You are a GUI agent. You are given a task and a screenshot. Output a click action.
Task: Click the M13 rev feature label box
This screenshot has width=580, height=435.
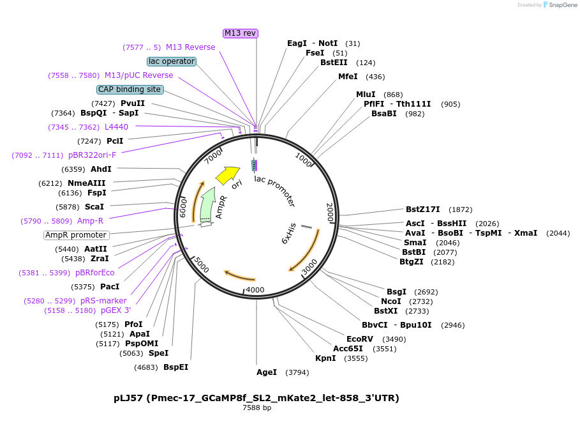[x=241, y=33]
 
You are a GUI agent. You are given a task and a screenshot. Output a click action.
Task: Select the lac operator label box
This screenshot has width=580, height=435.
[x=171, y=61]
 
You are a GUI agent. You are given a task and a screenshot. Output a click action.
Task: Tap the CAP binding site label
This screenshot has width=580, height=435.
[x=130, y=89]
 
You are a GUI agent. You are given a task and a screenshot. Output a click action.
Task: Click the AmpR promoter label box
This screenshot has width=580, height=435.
[x=76, y=235]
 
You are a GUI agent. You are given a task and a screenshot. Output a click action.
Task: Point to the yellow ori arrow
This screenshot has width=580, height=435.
[x=227, y=174]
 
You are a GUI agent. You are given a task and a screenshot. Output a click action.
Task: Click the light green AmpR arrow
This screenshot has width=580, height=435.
[x=207, y=204]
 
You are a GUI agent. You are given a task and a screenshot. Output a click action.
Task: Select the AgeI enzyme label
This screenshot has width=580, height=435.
[x=267, y=372]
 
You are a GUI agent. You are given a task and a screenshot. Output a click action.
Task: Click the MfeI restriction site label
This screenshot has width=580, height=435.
[x=348, y=77]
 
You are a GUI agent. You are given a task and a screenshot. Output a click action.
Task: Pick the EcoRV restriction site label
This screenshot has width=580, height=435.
[x=360, y=339]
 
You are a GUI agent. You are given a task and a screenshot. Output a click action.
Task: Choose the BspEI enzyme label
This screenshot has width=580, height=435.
[x=175, y=367]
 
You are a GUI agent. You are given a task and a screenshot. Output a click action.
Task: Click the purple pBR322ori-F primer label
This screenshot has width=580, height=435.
[x=92, y=155]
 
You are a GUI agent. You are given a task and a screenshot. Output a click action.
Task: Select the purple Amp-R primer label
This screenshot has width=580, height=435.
[x=90, y=221]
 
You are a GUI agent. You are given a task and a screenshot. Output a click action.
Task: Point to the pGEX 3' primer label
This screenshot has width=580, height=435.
[x=115, y=310]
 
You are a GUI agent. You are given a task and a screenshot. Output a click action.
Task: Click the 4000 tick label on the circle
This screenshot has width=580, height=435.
[x=255, y=289]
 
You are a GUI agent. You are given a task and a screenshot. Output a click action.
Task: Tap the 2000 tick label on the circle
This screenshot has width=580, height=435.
[x=330, y=213]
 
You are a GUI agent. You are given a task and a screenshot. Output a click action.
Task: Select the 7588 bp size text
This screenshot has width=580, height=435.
[x=257, y=408]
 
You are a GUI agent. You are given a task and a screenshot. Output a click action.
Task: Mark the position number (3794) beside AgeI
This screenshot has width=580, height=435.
[x=297, y=372]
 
